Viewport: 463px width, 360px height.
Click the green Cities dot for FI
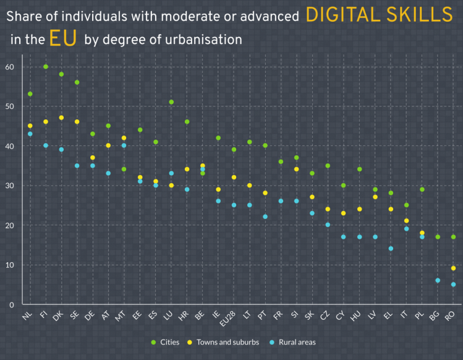click(46, 66)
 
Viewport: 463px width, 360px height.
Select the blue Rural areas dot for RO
click(454, 285)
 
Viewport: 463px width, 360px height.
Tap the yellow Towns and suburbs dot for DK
click(61, 118)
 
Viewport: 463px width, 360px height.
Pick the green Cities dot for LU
click(171, 102)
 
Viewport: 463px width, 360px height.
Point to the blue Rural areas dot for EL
click(391, 249)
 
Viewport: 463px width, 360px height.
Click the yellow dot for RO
click(454, 268)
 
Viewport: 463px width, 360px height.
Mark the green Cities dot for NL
click(30, 94)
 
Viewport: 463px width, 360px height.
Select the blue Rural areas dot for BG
click(438, 280)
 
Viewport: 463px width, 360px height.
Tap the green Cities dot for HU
click(360, 169)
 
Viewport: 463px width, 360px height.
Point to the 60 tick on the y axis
click(10, 67)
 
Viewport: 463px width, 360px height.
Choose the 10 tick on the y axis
click(10, 265)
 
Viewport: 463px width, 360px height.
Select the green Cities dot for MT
click(124, 169)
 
